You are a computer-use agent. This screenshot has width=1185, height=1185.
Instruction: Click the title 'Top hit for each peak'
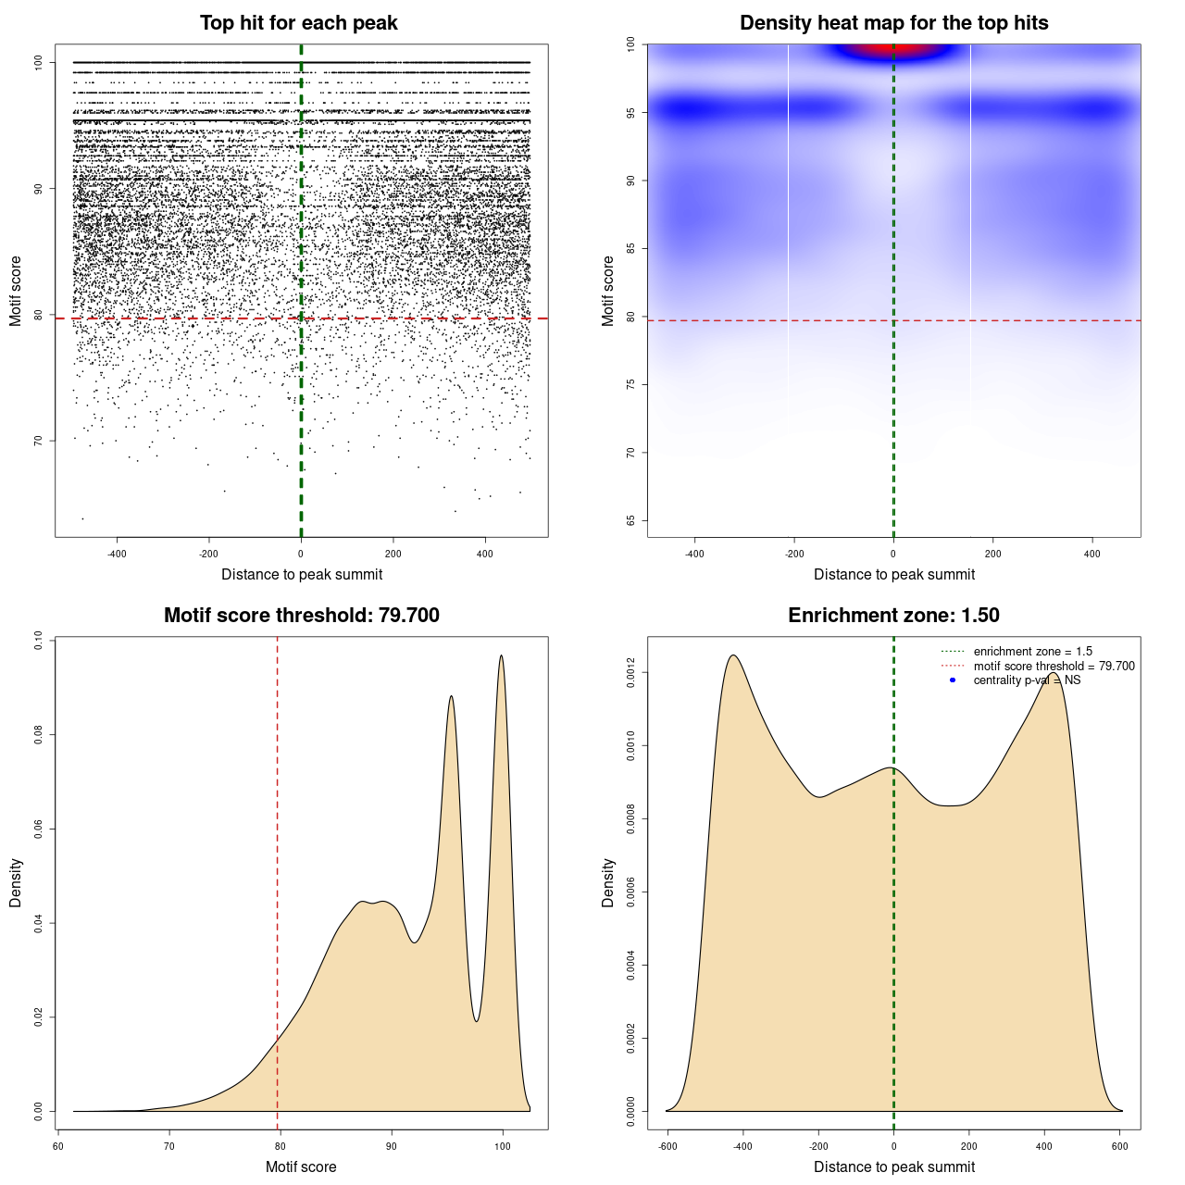click(299, 23)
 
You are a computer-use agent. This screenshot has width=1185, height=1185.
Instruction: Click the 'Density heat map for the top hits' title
click(893, 23)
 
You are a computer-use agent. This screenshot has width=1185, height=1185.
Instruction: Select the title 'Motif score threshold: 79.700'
click(301, 616)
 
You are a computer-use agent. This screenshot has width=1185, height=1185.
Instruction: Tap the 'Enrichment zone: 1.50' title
click(893, 616)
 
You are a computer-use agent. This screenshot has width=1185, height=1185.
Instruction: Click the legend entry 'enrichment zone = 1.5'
click(1032, 652)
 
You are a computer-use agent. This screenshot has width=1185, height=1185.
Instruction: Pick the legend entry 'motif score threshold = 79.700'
click(1054, 666)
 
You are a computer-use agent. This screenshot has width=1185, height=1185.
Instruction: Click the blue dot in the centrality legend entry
click(953, 680)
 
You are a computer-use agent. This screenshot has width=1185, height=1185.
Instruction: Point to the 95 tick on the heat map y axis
click(630, 112)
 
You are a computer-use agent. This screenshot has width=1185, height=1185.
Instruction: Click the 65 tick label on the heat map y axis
click(630, 520)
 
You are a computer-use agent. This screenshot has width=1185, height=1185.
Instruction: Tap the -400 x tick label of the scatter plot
click(117, 554)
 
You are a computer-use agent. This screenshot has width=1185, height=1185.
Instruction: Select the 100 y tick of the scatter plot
click(38, 62)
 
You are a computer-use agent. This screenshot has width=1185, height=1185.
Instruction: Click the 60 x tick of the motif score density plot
click(58, 1146)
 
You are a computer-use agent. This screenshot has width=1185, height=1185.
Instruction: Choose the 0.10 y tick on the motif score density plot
click(38, 641)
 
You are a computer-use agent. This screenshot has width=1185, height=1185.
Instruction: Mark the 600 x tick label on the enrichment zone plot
click(1120, 1146)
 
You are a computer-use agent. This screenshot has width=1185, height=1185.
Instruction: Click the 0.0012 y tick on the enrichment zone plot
click(630, 671)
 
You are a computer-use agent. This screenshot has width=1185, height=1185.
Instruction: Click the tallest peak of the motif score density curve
click(502, 656)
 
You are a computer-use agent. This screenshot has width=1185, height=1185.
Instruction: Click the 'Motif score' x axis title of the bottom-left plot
click(301, 1166)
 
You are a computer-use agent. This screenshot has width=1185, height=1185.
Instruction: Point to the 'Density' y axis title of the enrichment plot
click(608, 882)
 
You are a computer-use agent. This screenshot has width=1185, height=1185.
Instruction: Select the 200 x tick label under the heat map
click(992, 554)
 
